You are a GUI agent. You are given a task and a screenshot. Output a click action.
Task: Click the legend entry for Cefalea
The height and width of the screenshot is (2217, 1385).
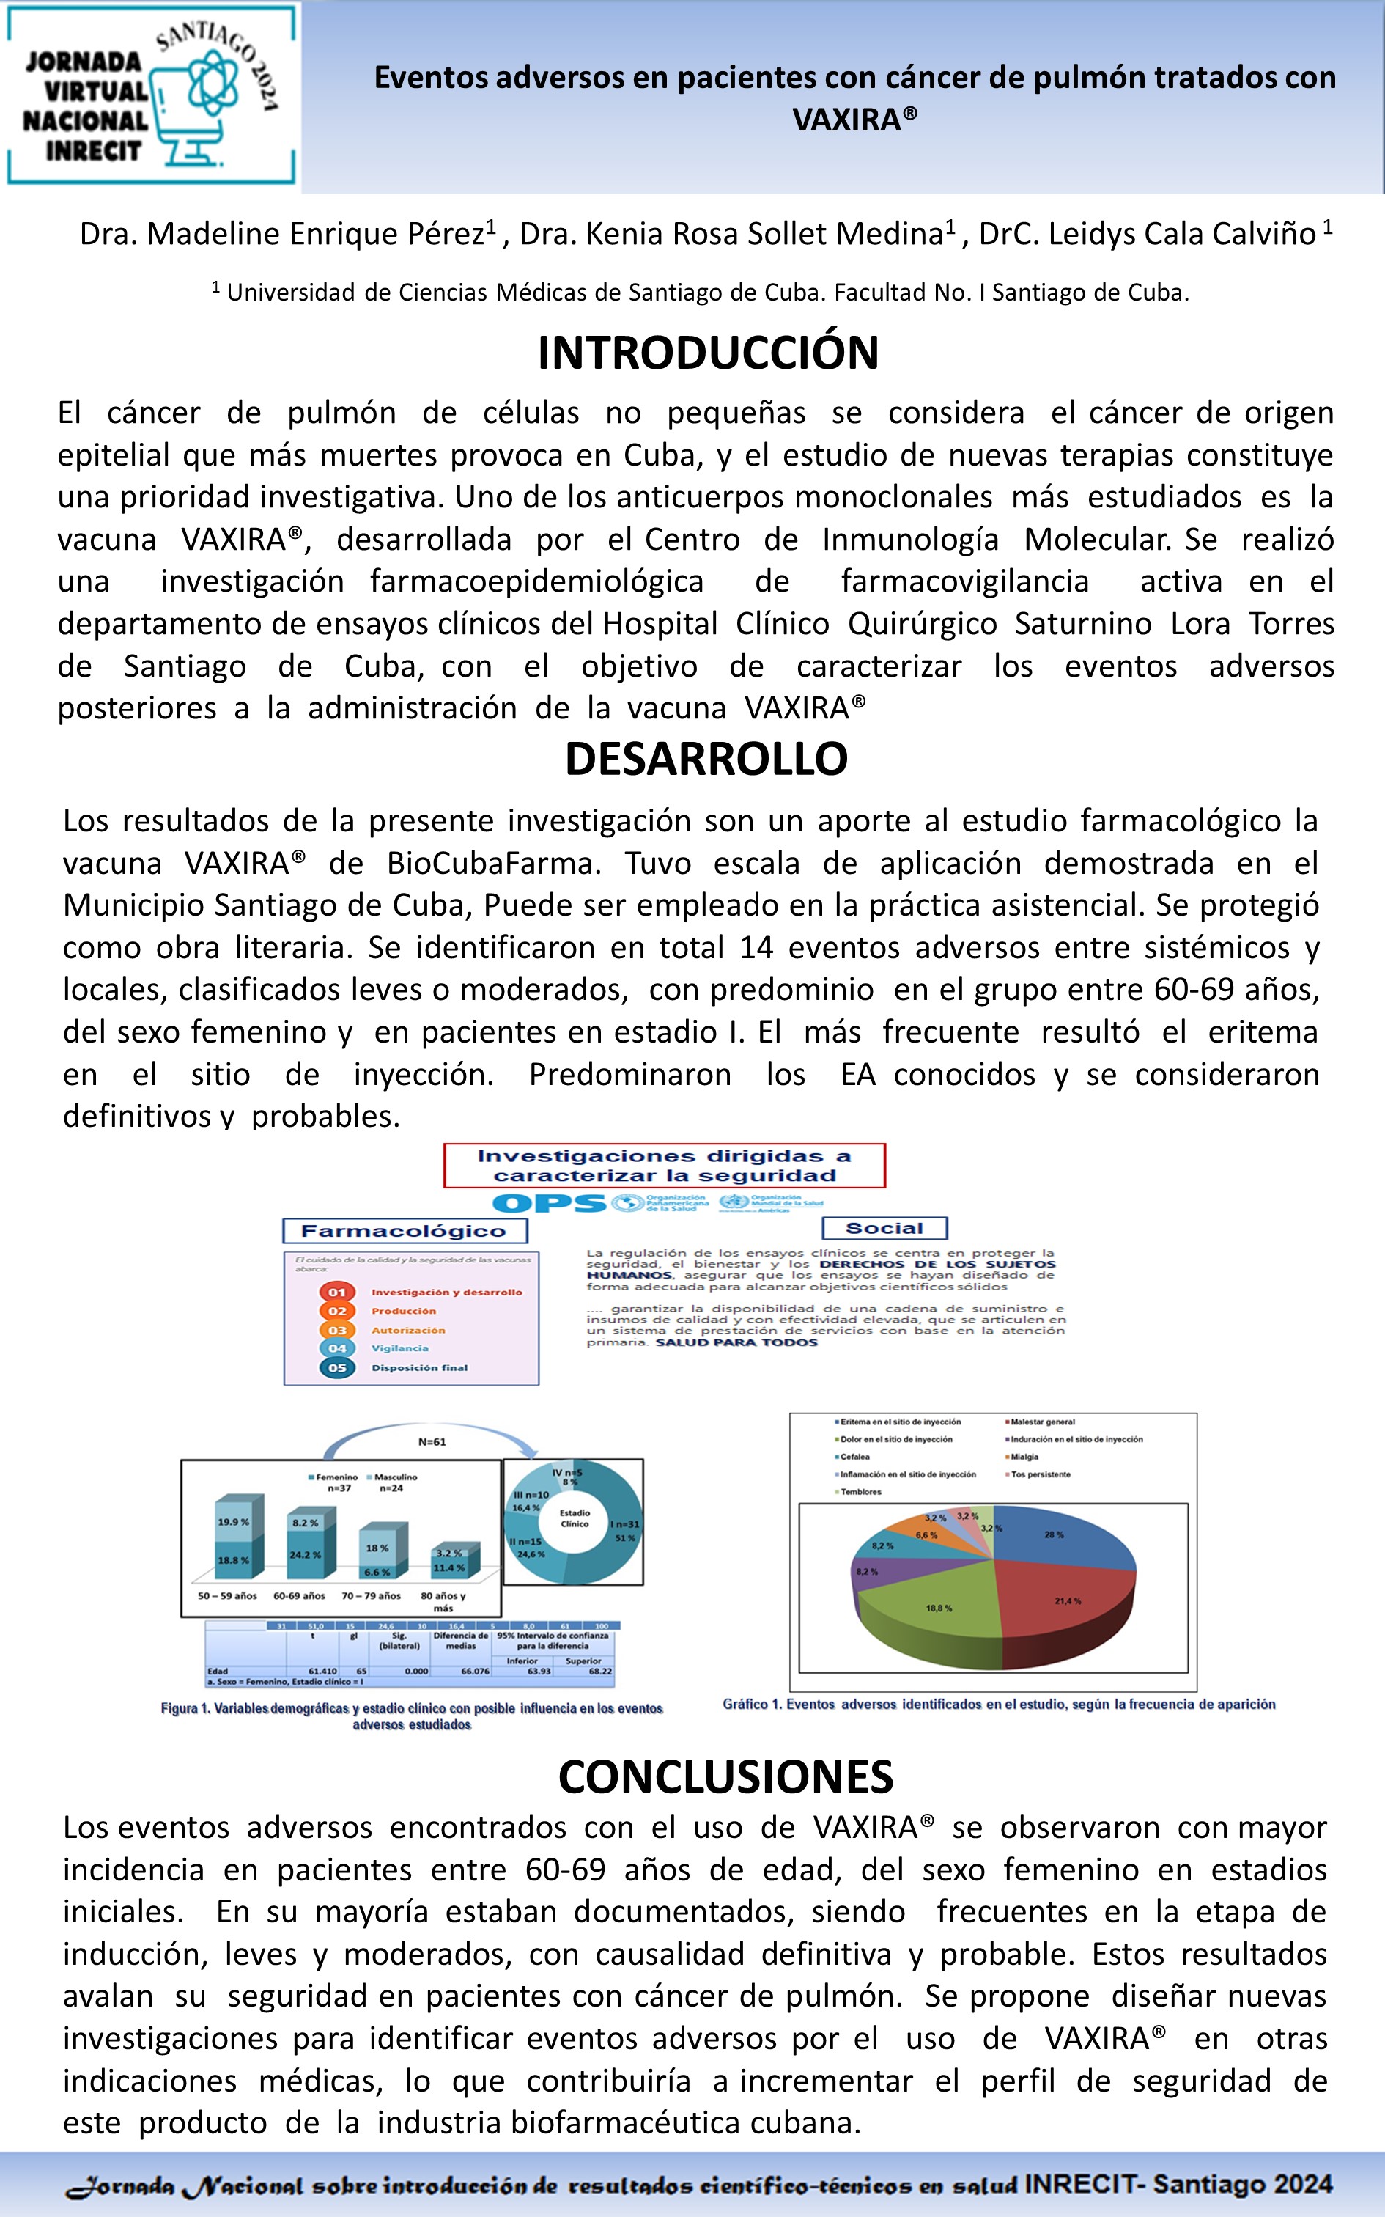pyautogui.click(x=854, y=1457)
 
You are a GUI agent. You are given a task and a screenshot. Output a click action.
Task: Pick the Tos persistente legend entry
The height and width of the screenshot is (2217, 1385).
pyautogui.click(x=1040, y=1474)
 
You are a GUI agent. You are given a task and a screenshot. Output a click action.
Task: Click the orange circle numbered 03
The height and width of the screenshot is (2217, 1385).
pyautogui.click(x=337, y=1329)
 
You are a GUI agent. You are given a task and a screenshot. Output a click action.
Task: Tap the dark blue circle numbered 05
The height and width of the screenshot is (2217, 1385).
pyautogui.click(x=337, y=1367)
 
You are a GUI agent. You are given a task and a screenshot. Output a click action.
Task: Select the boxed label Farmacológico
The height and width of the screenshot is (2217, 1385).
pyautogui.click(x=404, y=1230)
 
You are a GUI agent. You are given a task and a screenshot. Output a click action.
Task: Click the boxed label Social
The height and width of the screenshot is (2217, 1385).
pyautogui.click(x=884, y=1227)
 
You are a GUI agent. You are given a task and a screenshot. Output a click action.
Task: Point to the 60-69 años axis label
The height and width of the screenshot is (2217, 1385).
pyautogui.click(x=300, y=1595)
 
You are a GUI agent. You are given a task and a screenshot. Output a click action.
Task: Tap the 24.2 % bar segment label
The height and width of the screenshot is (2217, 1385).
pyautogui.click(x=305, y=1555)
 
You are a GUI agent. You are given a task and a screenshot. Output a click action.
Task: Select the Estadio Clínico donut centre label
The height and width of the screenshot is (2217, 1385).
pyautogui.click(x=575, y=1518)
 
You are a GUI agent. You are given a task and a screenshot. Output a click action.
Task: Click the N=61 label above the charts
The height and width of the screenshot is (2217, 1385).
pyautogui.click(x=432, y=1441)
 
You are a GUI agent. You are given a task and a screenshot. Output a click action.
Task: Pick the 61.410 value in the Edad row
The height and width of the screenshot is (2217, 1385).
pyautogui.click(x=322, y=1670)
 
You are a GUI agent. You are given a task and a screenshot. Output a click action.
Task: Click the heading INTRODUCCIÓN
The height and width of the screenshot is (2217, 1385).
pyautogui.click(x=707, y=353)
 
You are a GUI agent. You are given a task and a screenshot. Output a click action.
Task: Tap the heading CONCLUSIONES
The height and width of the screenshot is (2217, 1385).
pyautogui.click(x=725, y=1777)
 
